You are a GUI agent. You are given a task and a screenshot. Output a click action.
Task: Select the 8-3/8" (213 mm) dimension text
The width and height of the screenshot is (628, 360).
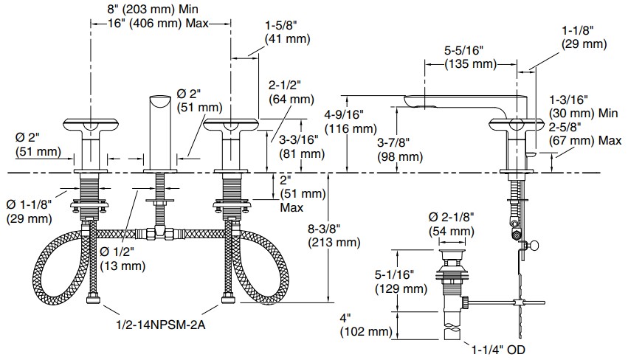[x=333, y=235]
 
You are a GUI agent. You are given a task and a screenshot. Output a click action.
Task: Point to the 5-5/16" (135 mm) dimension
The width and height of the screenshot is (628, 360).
[x=470, y=58]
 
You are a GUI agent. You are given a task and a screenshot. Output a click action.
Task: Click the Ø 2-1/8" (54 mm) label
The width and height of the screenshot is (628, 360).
[x=451, y=224]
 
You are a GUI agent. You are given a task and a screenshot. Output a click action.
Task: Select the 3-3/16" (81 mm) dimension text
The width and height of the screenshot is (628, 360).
[x=300, y=146]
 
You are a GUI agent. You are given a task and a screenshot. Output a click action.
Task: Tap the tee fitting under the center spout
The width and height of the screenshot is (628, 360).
[x=159, y=235]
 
